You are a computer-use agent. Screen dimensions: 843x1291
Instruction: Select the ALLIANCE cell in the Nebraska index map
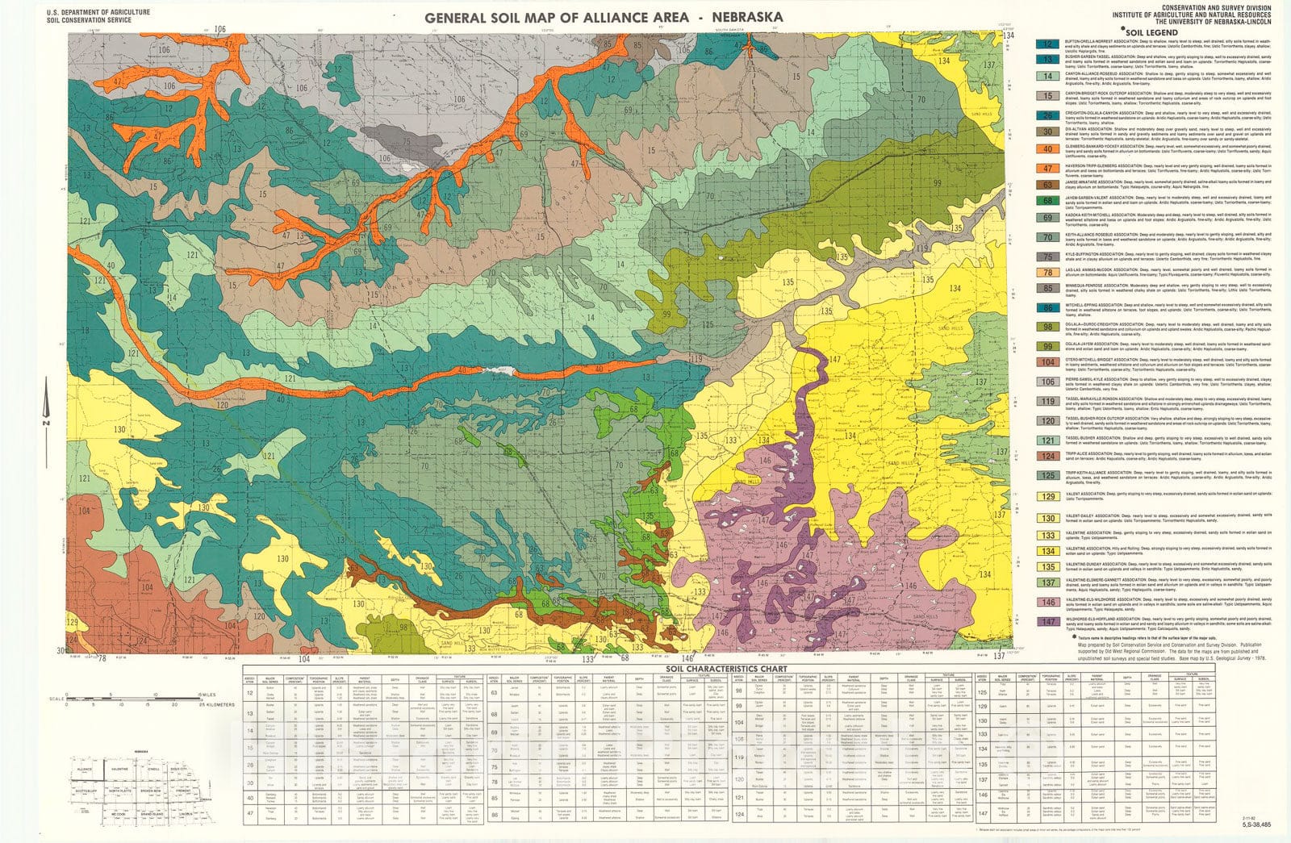[82, 770]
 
